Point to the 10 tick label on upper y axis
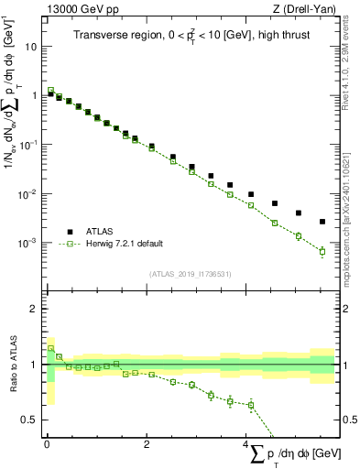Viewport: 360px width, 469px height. tap(32, 46)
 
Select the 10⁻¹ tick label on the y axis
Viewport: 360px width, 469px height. tap(29, 144)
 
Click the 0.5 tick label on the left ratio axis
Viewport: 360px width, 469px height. tap(30, 420)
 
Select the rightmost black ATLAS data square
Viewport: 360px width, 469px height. tap(322, 222)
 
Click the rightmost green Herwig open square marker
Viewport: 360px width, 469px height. tap(322, 251)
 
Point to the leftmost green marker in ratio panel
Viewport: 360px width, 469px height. tap(50, 349)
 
